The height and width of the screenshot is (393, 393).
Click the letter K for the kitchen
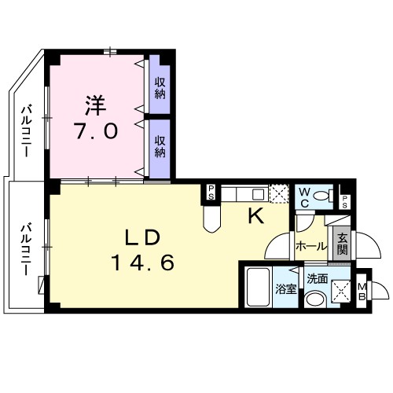click(x=256, y=217)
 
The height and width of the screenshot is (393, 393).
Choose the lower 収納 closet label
click(x=160, y=145)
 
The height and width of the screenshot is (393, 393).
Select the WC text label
click(x=303, y=196)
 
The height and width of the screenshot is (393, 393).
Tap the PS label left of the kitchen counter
click(x=211, y=191)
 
